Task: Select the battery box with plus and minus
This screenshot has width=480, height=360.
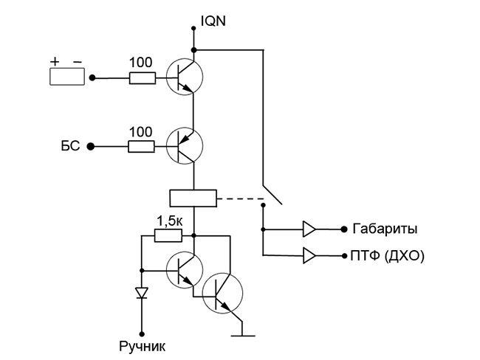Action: click(67, 77)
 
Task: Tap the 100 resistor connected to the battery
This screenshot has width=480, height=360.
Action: click(141, 77)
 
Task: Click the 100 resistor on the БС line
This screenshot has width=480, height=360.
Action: click(141, 146)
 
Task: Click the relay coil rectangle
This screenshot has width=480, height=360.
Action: click(193, 198)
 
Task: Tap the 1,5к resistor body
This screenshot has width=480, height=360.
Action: click(168, 236)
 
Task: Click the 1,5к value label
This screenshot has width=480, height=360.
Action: click(169, 221)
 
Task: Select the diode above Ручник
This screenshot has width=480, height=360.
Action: click(140, 293)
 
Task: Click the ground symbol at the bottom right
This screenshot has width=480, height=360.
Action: click(243, 334)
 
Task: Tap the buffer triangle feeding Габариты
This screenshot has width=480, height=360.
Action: click(308, 229)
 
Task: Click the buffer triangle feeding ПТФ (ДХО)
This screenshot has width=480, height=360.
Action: click(308, 256)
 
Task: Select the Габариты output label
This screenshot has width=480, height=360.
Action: click(385, 229)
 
